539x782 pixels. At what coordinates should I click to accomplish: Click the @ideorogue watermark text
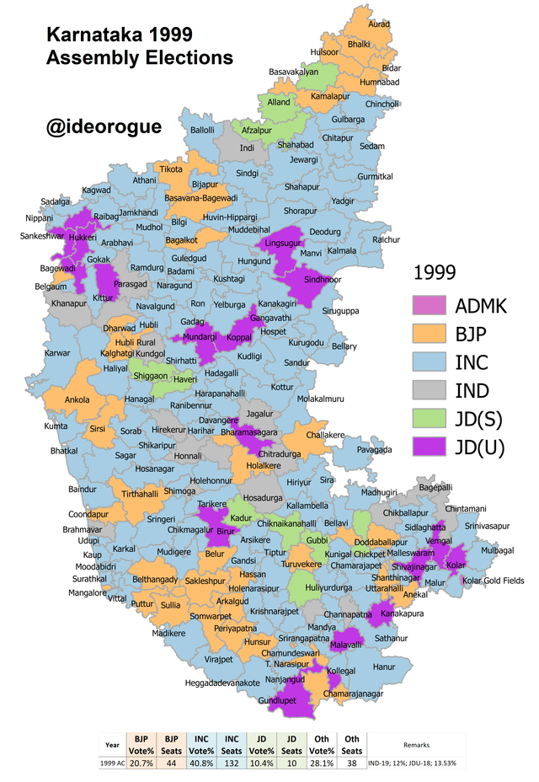point(104,126)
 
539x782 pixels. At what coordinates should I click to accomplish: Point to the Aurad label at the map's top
point(380,24)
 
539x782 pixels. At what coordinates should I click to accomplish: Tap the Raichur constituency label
point(387,240)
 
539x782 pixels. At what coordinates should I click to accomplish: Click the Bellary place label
point(344,346)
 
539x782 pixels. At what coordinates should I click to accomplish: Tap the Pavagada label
point(374,450)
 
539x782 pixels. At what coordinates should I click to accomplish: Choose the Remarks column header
point(416,746)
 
